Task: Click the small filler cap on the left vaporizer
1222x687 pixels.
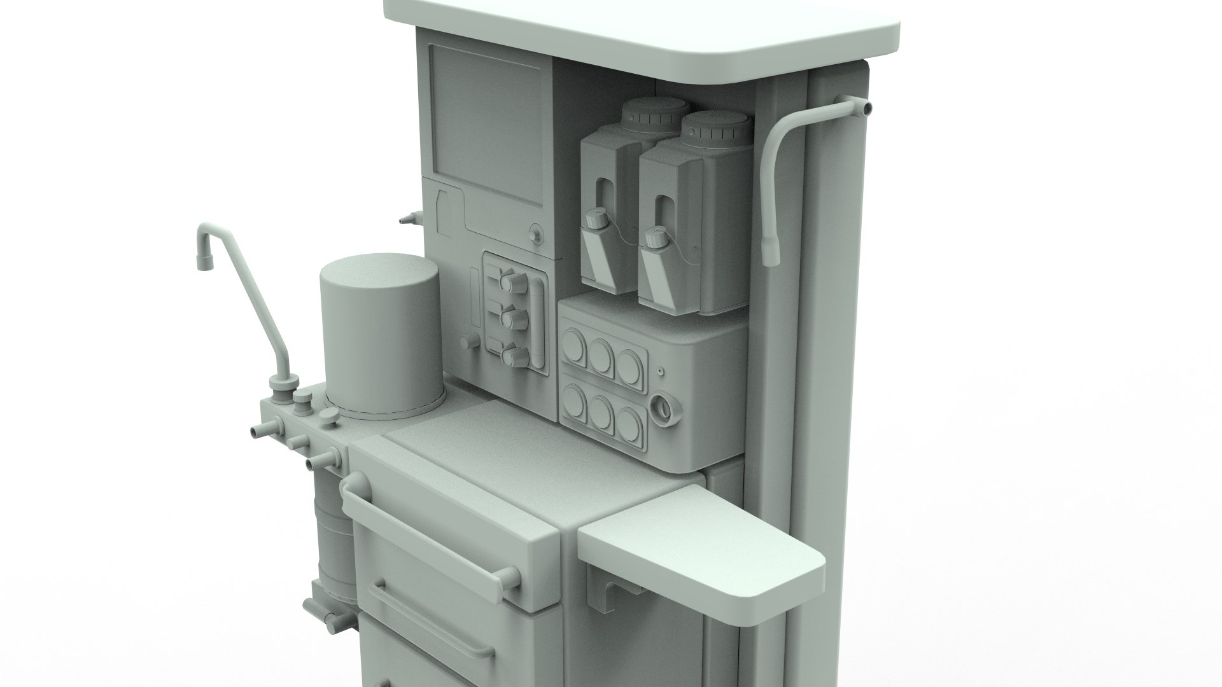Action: [596, 219]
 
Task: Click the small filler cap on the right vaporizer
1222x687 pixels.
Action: [654, 239]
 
